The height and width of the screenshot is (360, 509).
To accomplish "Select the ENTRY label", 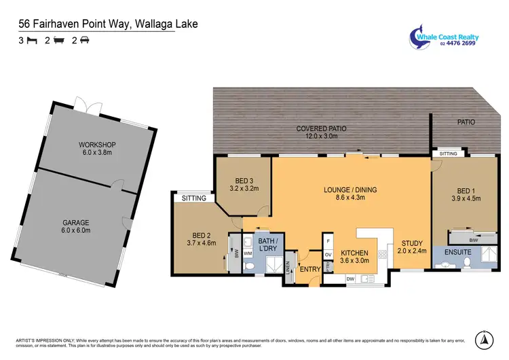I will click(x=310, y=269).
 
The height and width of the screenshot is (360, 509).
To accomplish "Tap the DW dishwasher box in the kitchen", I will click(x=350, y=279).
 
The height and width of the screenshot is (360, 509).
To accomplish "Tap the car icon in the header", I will click(x=85, y=41).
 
